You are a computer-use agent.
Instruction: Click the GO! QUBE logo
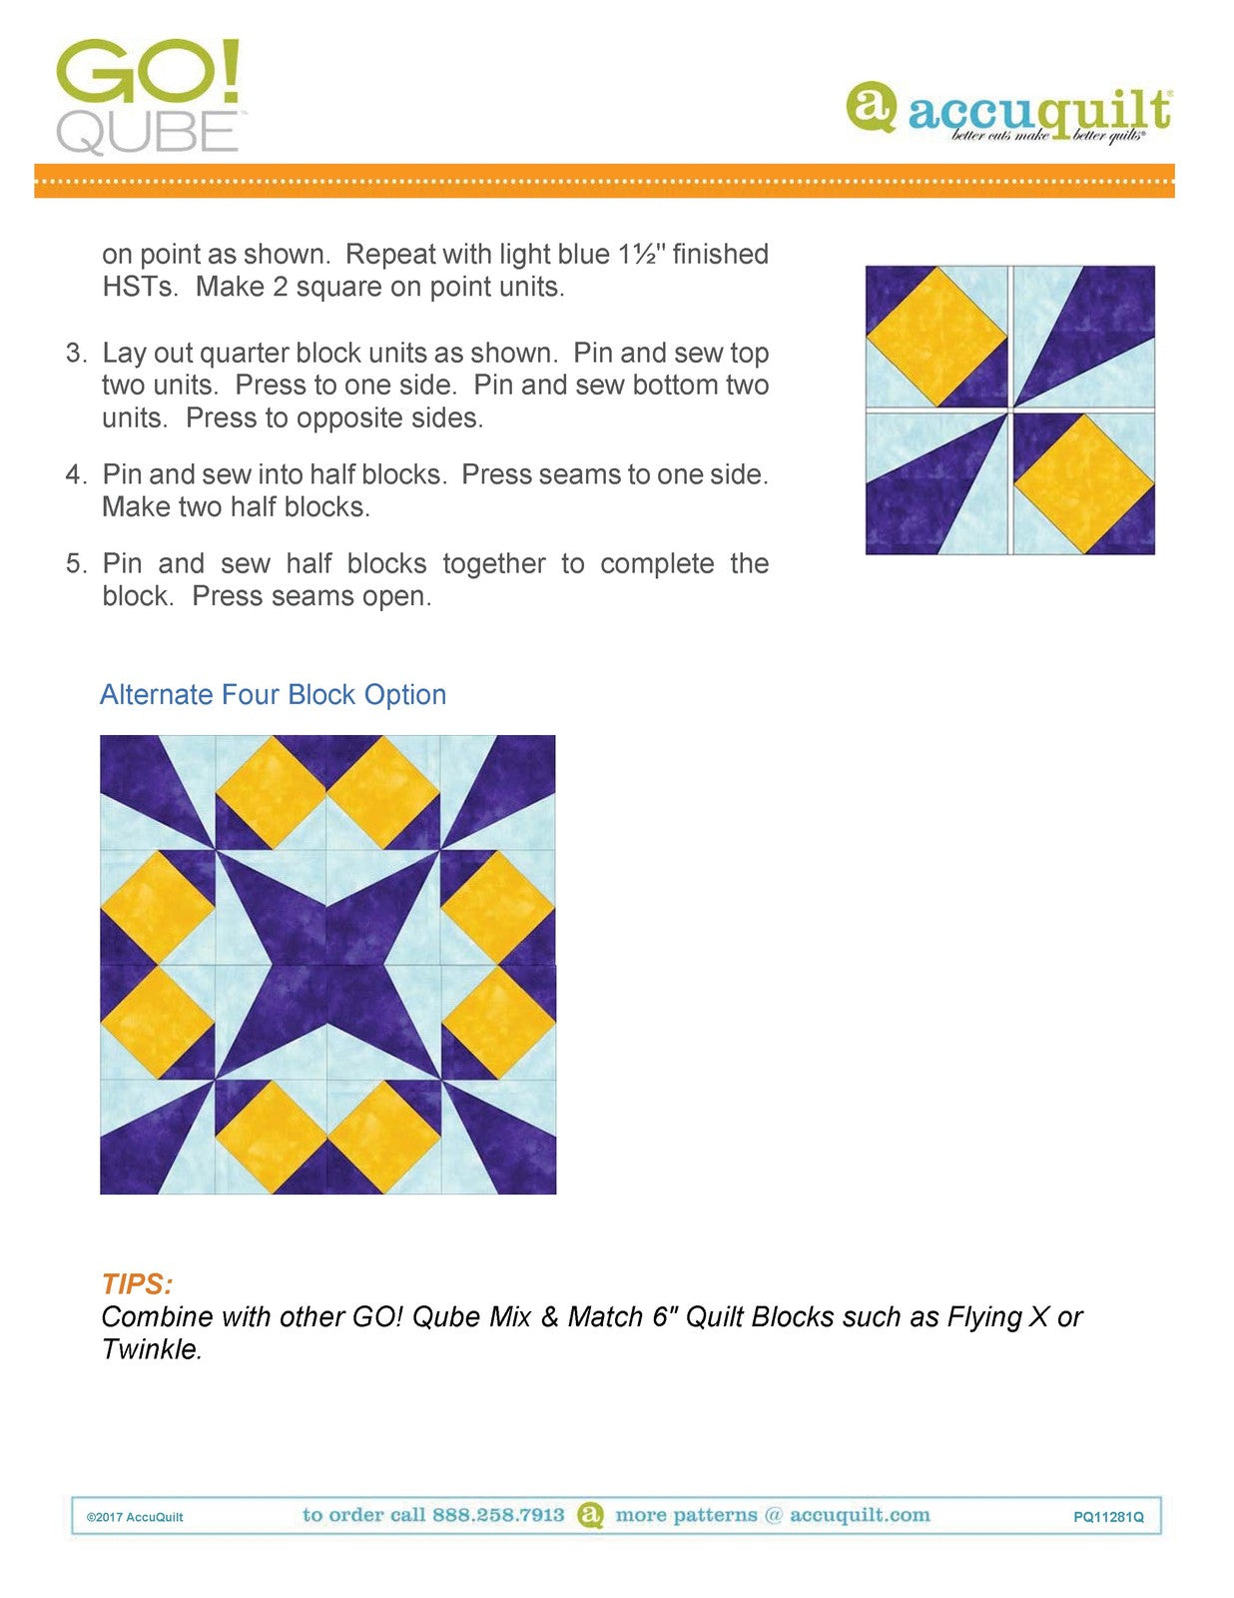point(148,97)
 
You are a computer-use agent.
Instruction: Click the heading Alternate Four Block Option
point(273,695)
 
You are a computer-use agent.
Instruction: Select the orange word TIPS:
point(137,1284)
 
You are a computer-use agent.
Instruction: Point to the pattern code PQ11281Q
point(1108,1517)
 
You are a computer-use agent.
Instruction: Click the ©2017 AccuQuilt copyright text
point(135,1517)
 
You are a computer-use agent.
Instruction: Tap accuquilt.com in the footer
point(860,1515)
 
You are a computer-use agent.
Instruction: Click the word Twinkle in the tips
point(151,1350)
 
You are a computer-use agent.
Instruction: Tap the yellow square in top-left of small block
point(936,336)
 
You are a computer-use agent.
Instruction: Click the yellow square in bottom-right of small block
point(1084,484)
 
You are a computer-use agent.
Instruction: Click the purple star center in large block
point(327,965)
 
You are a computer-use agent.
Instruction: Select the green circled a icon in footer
point(591,1515)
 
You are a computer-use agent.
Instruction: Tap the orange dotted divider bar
point(604,181)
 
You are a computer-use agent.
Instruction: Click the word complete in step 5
point(657,564)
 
